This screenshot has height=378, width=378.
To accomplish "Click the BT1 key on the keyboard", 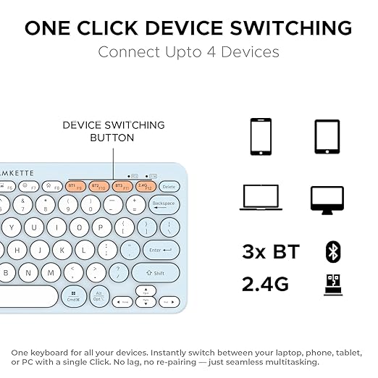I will (x=75, y=186).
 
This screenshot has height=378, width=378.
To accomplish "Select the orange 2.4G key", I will (x=146, y=186).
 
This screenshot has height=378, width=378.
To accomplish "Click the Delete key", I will (x=169, y=187).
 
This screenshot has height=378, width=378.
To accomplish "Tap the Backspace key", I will (x=164, y=203).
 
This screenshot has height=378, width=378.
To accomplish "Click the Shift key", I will (x=156, y=274).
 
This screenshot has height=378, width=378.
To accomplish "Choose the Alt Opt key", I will (x=98, y=297).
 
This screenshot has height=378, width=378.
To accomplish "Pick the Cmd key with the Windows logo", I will (x=74, y=296).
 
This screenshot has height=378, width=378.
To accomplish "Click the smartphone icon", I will (x=260, y=137).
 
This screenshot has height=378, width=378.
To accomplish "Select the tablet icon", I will (x=327, y=137).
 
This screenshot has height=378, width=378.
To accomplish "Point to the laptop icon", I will (x=261, y=198).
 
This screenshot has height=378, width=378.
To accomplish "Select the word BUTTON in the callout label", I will (x=112, y=138).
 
